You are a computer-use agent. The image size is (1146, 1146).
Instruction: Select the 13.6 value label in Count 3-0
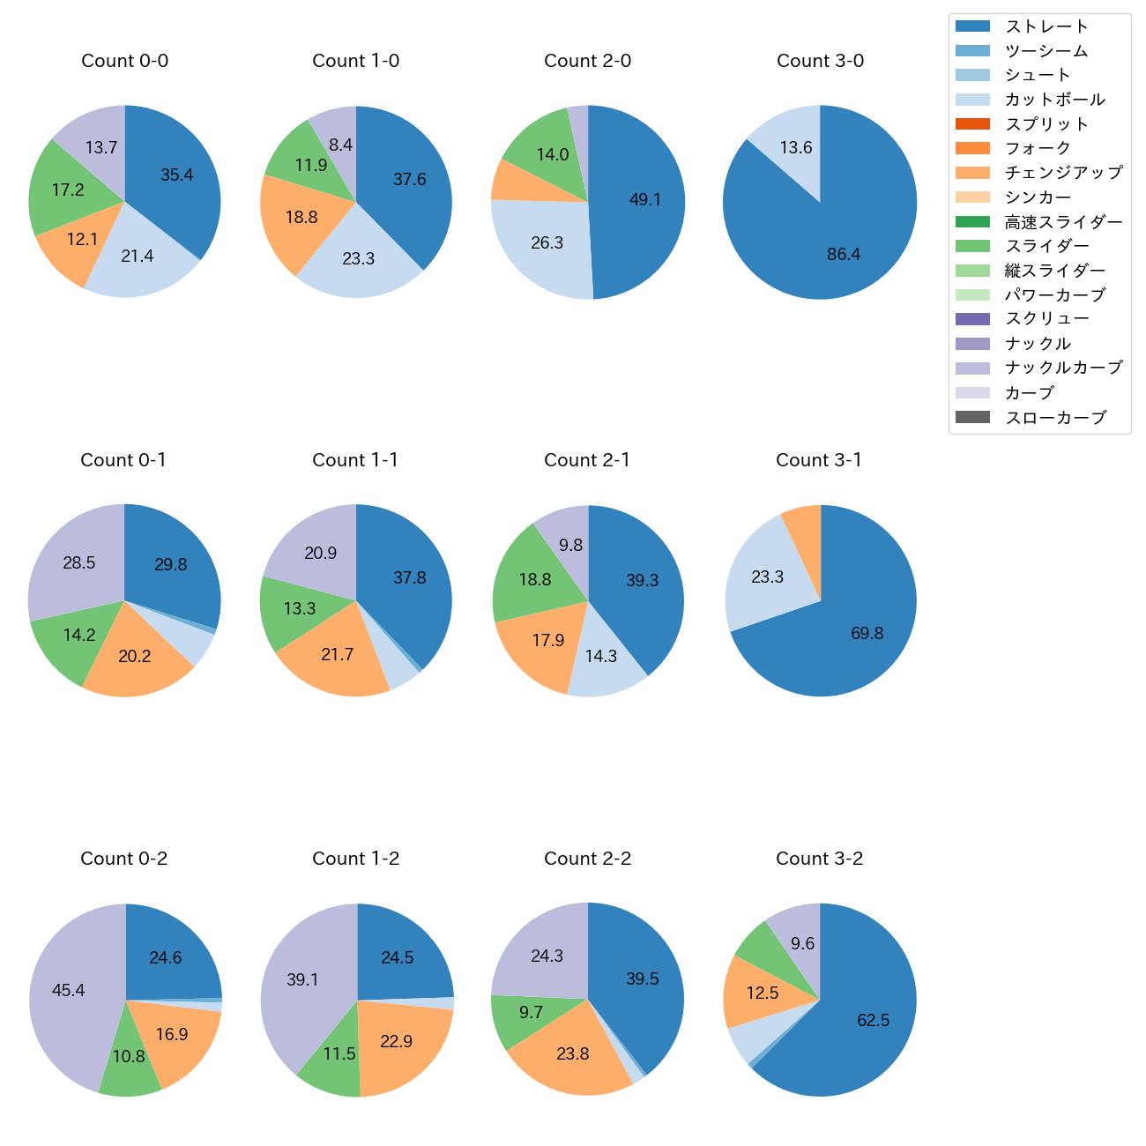(796, 147)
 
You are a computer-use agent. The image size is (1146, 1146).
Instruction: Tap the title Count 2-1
(587, 460)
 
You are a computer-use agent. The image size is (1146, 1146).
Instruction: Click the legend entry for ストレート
(1046, 26)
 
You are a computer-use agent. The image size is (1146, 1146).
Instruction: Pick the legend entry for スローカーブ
(1055, 418)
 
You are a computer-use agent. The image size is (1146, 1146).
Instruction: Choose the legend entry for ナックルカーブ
(1063, 368)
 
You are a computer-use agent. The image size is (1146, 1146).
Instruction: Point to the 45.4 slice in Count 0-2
(69, 990)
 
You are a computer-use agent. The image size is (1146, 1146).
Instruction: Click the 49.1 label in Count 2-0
(645, 200)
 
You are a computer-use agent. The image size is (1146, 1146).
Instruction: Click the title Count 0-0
(125, 61)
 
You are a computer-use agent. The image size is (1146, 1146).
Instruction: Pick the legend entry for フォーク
(1038, 148)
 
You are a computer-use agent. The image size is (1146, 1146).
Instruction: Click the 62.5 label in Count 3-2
(874, 1021)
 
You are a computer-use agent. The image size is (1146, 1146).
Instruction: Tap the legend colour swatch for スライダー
(972, 246)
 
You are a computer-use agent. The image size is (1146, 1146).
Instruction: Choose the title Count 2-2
(588, 859)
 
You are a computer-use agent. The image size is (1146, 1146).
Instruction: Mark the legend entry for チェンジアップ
(1063, 173)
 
